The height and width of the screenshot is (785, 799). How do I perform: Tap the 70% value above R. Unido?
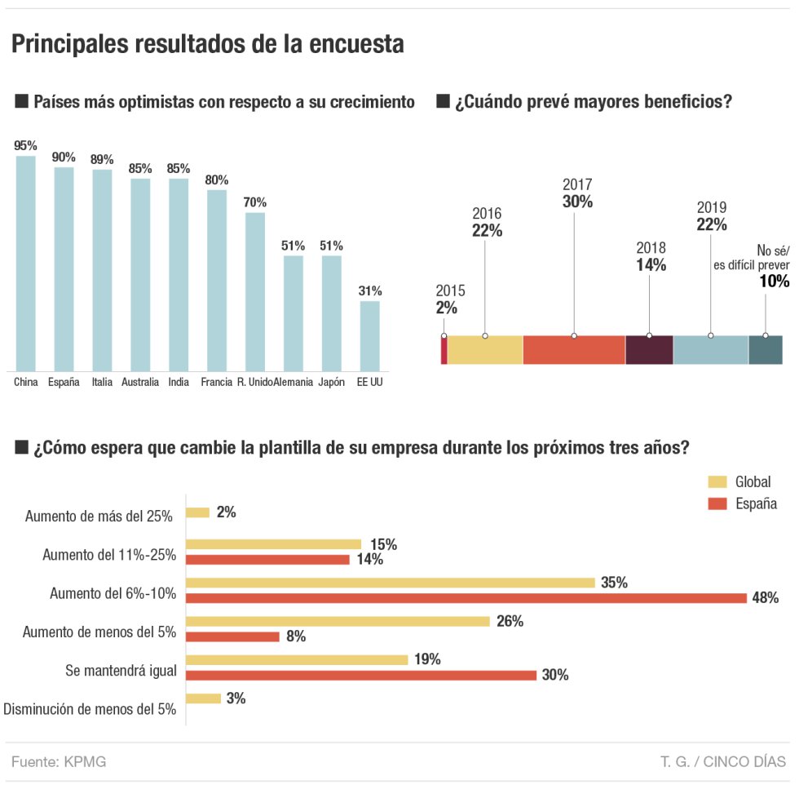click(255, 202)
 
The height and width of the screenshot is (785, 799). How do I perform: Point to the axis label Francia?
click(216, 382)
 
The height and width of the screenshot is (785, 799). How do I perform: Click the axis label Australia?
click(140, 382)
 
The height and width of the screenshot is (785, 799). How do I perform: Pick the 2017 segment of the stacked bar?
click(574, 349)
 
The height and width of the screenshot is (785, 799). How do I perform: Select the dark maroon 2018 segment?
click(649, 349)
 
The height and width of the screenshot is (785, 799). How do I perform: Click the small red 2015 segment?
click(444, 349)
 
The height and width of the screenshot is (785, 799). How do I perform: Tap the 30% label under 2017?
click(577, 202)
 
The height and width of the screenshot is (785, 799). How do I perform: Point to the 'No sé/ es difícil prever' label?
click(761, 257)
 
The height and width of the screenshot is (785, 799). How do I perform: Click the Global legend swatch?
click(717, 481)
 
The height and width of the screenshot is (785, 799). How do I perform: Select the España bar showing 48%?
click(466, 598)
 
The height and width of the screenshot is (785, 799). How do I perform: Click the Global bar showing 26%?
click(338, 622)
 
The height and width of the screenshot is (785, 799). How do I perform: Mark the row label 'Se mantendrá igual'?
click(121, 671)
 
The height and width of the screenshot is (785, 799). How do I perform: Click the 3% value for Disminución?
click(236, 699)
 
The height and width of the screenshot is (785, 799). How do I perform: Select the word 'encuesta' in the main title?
click(357, 44)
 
